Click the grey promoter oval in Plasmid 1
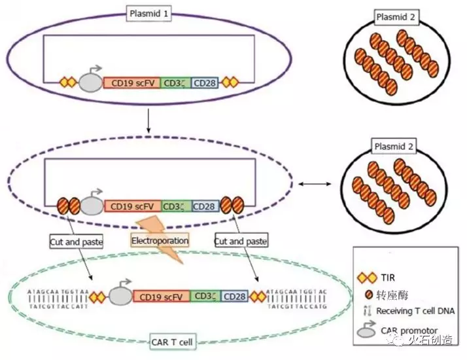90,83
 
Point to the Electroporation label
160,241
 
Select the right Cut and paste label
241,242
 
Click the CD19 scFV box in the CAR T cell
161,297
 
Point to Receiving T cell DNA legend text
416,311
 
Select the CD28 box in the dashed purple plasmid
206,206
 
